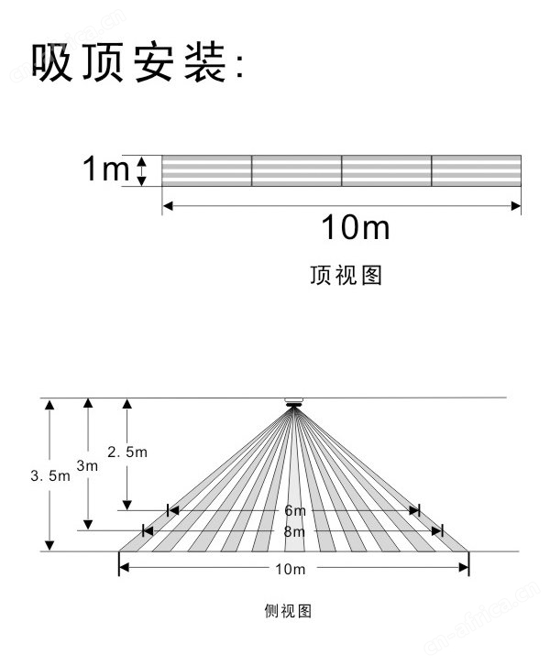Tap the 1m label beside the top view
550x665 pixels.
105,169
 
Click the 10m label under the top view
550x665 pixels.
356,227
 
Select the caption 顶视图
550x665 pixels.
346,275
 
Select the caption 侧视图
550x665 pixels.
288,611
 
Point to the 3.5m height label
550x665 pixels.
50,475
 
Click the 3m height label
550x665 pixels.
87,465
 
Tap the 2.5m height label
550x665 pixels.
127,452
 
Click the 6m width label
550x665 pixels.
295,510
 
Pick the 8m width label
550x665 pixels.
294,531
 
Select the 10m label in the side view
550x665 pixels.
291,569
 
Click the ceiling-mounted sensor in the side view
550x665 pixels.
293,402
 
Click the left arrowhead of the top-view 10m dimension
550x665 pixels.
168,206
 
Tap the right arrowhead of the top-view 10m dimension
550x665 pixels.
515,206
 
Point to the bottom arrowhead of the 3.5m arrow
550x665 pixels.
50,546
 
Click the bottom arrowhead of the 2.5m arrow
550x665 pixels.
126,505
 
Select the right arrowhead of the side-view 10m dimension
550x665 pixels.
464,568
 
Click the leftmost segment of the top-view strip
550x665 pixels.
206,170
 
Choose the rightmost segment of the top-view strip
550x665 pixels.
476,170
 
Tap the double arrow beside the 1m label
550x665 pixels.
142,171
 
